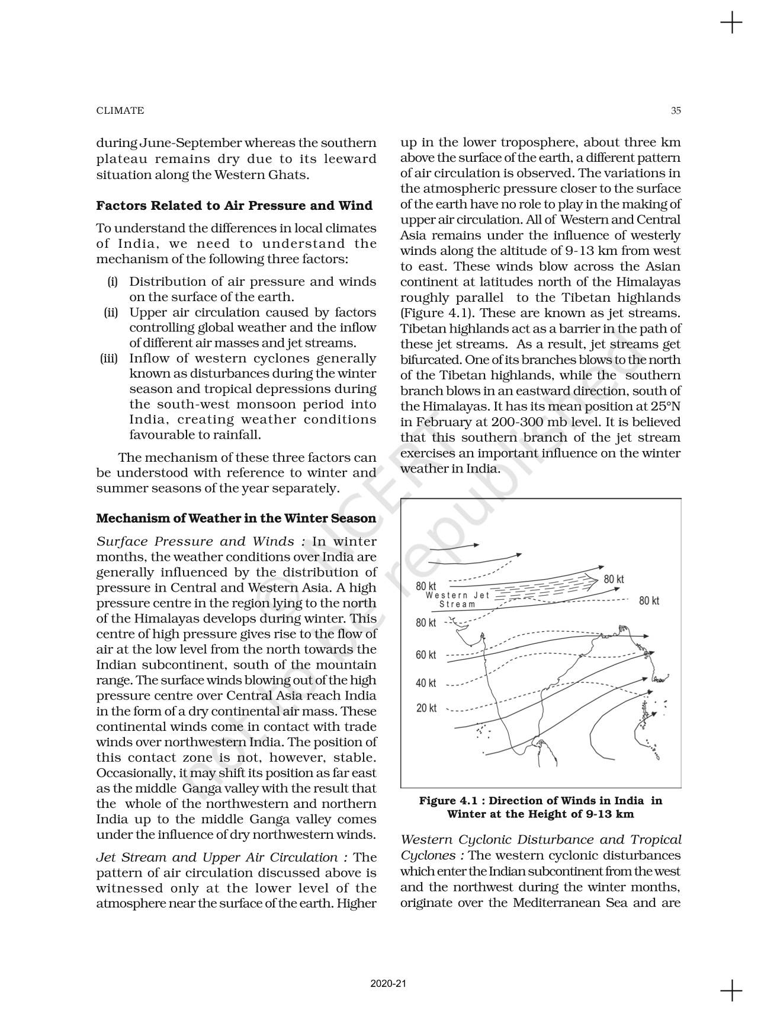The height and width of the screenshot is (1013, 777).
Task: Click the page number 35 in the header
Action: click(676, 110)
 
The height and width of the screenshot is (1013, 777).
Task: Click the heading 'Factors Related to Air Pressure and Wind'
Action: click(235, 206)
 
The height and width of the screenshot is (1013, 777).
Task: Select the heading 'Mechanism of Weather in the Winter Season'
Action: click(236, 518)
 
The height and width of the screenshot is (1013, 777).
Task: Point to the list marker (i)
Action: click(113, 282)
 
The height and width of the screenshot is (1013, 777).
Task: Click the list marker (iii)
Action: click(109, 359)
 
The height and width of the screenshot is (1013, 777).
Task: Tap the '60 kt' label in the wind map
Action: click(426, 655)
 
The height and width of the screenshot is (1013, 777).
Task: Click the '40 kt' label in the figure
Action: click(426, 683)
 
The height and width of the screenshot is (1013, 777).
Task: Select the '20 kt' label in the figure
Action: click(426, 708)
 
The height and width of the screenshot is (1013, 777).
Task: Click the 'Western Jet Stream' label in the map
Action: click(455, 600)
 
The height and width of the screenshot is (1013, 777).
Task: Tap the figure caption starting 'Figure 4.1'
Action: click(540, 807)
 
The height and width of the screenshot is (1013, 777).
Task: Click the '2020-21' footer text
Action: click(388, 984)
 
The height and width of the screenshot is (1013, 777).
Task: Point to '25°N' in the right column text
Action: click(664, 407)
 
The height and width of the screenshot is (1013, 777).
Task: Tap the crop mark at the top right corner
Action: click(732, 24)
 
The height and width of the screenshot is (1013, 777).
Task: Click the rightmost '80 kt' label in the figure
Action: click(649, 601)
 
